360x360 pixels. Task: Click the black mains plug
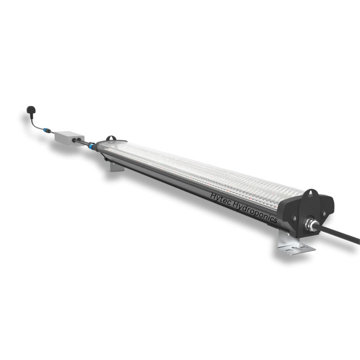[x=31, y=110]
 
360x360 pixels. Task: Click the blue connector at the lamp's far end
[x=91, y=145]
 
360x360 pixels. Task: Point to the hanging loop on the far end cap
[x=112, y=137]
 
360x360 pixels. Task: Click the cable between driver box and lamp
[x=82, y=142]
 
